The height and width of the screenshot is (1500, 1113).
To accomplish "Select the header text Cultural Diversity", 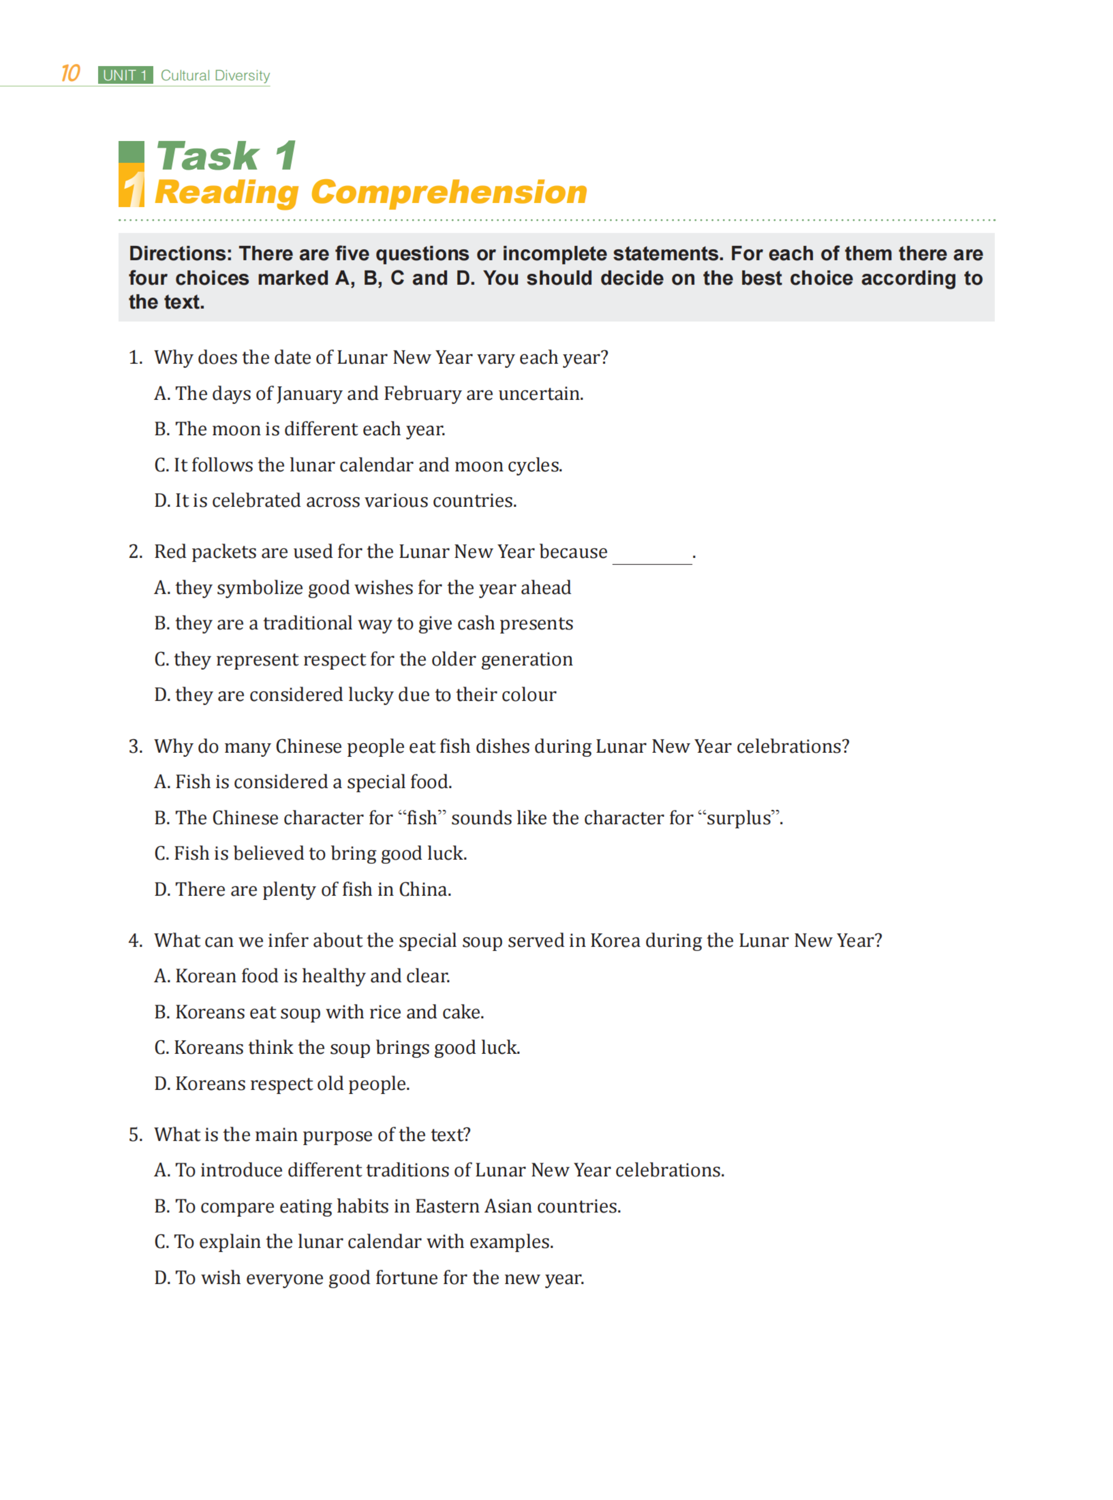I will click(215, 75).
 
